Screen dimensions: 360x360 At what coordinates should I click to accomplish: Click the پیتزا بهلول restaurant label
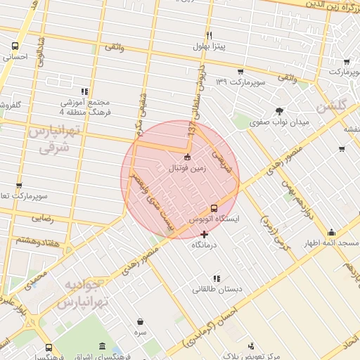pos(209,47)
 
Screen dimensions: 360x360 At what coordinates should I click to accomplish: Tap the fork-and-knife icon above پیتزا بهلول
pos(209,35)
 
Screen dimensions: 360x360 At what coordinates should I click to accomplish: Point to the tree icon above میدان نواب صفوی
pos(280,110)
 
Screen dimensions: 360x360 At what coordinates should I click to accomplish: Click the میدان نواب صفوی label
pos(280,122)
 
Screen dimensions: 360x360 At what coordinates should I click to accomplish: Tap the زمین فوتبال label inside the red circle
pos(186,169)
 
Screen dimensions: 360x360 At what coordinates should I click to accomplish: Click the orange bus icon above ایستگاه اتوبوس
pos(214,207)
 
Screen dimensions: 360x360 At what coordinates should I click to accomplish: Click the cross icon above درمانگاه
pos(205,234)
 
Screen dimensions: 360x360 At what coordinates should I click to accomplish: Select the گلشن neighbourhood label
pos(333,107)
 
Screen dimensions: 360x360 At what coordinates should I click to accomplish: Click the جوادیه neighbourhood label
pos(84,288)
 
